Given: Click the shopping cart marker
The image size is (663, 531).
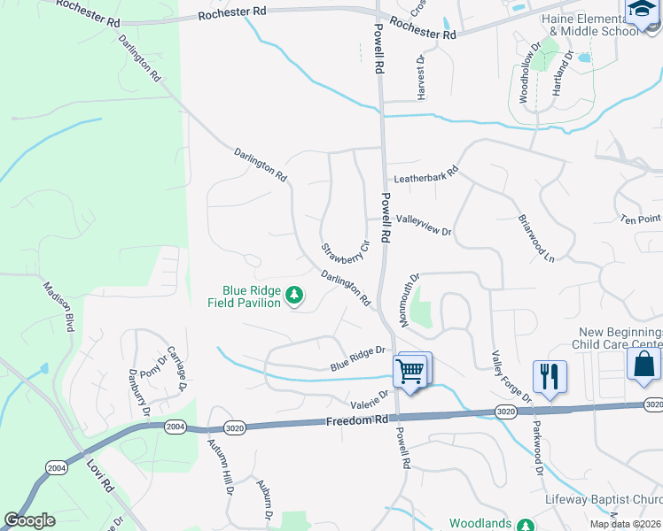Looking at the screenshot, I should (x=410, y=370).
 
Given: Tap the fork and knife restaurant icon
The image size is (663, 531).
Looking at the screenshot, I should (x=550, y=377).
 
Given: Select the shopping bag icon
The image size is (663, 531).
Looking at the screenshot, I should (x=643, y=365).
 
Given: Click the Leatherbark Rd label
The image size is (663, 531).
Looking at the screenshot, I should (x=425, y=175).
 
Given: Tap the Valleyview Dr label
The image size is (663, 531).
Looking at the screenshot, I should (x=424, y=225).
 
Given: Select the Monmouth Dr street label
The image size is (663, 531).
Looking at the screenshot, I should (x=409, y=299).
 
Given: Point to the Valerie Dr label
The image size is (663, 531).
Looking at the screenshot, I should (x=370, y=399).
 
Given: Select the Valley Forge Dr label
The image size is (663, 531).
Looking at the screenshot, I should (x=511, y=375).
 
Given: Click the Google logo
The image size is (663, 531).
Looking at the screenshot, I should (x=30, y=520).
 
